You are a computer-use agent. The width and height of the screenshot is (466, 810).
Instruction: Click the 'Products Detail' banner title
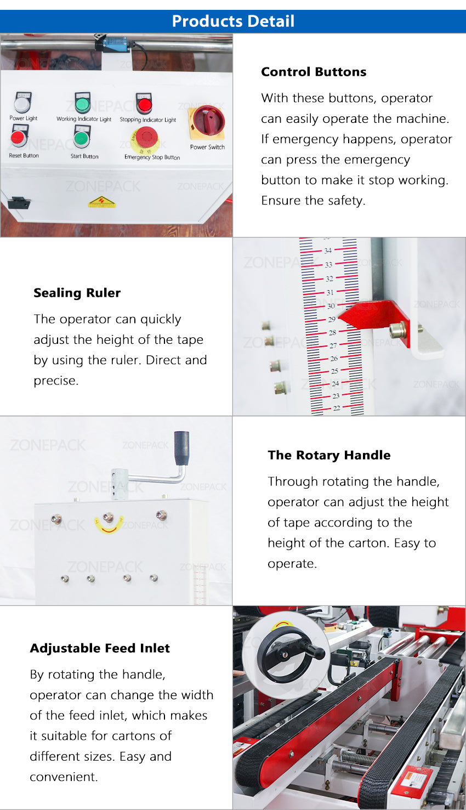[233, 21]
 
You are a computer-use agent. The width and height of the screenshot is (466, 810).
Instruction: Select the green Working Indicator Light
[82, 104]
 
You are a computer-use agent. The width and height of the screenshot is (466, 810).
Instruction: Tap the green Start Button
[82, 137]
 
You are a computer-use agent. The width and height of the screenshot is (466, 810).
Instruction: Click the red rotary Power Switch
[207, 121]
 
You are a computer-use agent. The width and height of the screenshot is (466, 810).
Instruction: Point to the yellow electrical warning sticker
[102, 202]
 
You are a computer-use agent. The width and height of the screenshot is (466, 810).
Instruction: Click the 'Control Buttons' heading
[314, 72]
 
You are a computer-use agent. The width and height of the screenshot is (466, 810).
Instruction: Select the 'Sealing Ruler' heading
[77, 293]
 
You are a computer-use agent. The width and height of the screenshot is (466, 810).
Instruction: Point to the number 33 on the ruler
[328, 264]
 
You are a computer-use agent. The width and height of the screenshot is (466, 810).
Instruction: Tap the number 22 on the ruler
[336, 408]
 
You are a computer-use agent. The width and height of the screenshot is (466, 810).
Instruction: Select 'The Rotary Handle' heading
[329, 455]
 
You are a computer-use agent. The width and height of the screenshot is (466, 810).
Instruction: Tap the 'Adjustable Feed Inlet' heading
[100, 648]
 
